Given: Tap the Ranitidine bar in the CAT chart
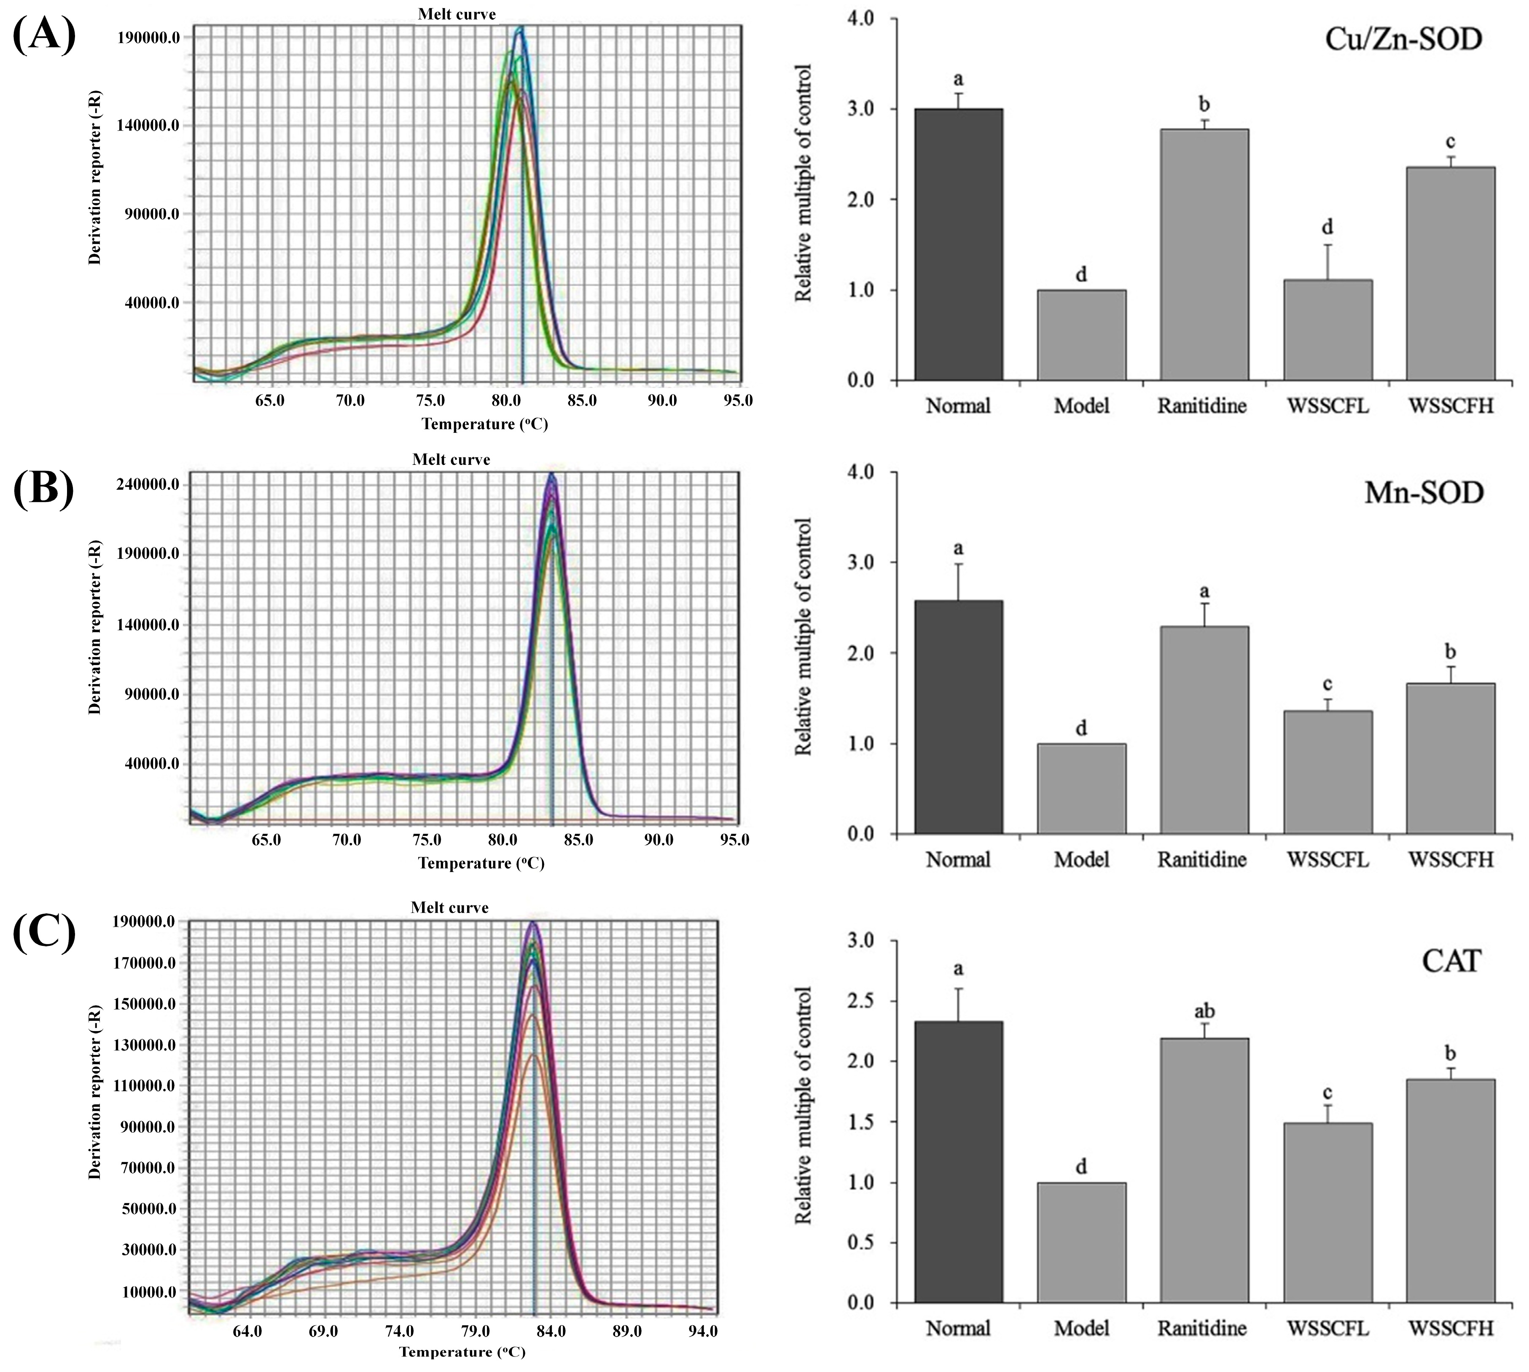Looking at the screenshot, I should click(1204, 1170).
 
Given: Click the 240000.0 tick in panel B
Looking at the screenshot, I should click(148, 484).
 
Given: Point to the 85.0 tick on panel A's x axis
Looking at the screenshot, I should click(581, 400).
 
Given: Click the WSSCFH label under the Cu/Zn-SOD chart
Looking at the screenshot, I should click(1451, 406).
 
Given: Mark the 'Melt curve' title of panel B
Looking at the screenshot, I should click(451, 459).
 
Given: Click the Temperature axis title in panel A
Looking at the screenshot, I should click(484, 424).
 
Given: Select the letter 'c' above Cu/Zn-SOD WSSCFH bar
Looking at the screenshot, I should click(1450, 142).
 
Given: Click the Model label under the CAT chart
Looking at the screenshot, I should click(1081, 1328).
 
